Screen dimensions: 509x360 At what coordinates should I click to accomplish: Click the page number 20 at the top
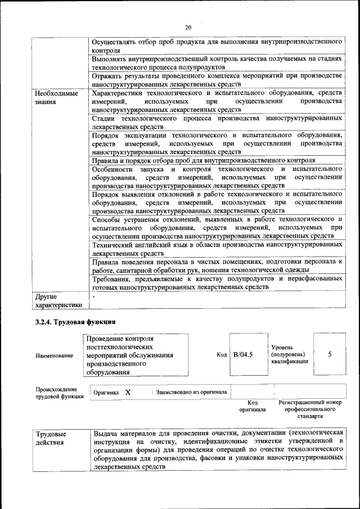click(188, 27)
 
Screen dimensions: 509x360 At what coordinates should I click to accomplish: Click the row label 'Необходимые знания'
click(56, 97)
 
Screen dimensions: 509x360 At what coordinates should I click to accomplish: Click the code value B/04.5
click(244, 354)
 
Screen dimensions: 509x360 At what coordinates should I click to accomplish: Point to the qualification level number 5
click(330, 354)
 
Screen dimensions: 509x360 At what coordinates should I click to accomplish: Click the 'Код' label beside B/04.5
click(221, 355)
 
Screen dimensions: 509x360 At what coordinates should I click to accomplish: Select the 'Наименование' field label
click(54, 355)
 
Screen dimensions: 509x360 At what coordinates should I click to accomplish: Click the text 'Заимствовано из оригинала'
click(191, 392)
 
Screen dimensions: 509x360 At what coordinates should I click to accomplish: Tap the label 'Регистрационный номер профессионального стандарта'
click(310, 409)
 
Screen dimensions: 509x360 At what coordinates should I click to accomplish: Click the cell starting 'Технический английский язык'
click(217, 249)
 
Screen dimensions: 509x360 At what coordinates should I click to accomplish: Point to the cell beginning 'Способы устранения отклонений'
click(217, 227)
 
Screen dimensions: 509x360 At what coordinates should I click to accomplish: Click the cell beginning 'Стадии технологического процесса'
click(217, 123)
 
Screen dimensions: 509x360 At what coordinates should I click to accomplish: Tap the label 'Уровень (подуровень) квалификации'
click(290, 355)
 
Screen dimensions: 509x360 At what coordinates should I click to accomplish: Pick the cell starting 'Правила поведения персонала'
click(217, 265)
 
